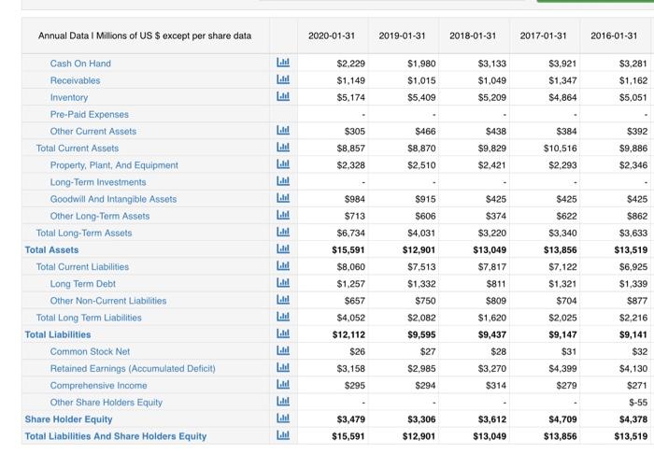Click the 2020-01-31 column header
point(333,35)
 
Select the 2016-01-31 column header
point(613,35)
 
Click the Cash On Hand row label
point(80,64)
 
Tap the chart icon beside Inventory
point(283,97)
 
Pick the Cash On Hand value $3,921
point(559,64)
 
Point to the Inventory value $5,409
point(420,97)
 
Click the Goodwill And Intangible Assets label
point(113,199)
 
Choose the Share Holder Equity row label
point(68,419)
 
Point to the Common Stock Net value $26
point(357,351)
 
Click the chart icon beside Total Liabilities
point(283,334)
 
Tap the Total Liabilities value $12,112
point(348,334)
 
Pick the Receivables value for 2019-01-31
point(420,80)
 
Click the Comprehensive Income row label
point(98,386)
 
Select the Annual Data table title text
point(145,35)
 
